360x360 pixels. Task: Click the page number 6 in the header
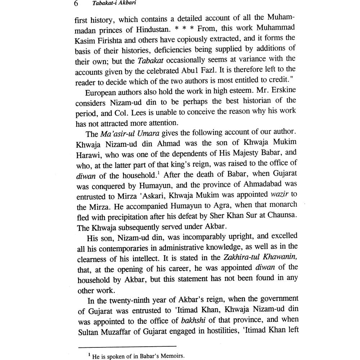pos(76,4)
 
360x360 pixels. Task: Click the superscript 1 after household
pos(158,173)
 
